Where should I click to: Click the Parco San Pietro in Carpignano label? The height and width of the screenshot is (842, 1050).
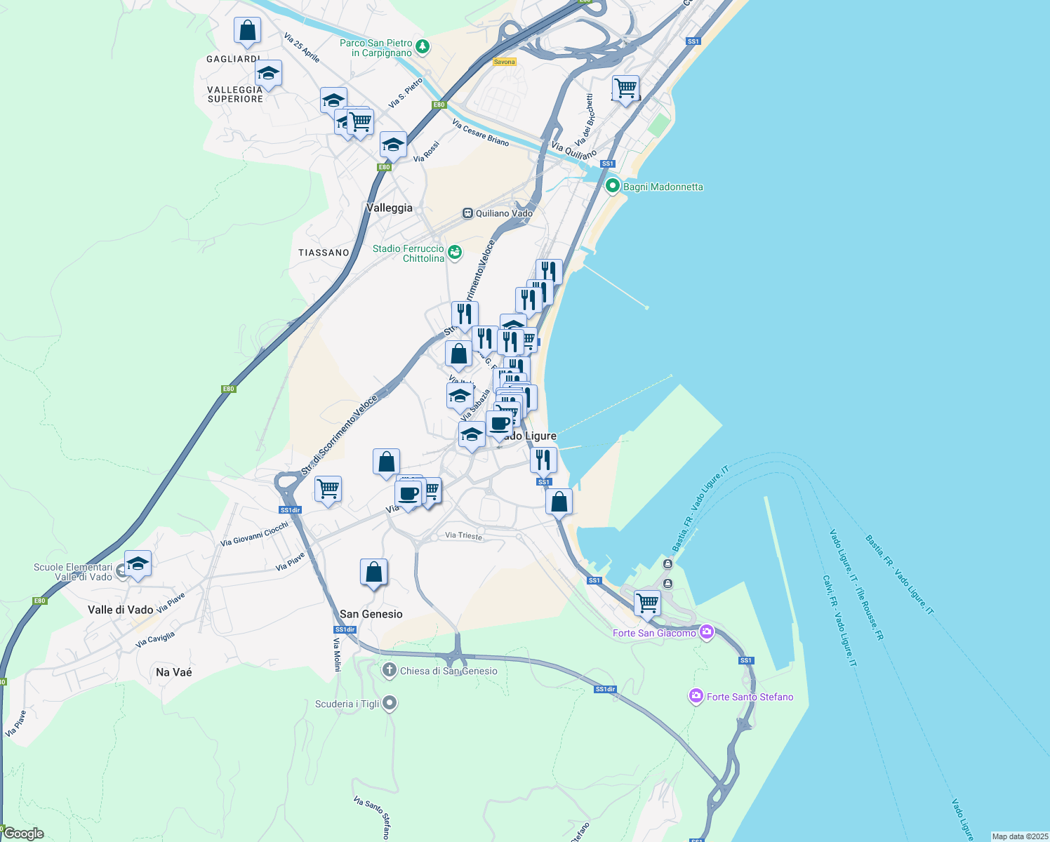coord(376,48)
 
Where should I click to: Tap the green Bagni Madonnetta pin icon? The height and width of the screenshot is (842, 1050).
coord(612,186)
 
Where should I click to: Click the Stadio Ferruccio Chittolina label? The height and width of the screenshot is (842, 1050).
coord(408,253)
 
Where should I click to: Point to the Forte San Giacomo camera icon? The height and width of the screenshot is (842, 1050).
coord(706,632)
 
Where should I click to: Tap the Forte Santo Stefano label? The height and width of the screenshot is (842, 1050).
coord(750,697)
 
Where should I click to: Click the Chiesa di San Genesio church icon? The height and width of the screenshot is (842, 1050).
coord(389,670)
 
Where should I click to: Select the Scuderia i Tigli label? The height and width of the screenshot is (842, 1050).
coord(347,704)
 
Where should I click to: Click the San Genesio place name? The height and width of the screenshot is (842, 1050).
coord(371,614)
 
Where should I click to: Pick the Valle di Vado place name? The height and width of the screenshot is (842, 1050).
coord(121,610)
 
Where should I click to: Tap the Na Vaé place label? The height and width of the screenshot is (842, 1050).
coord(174,672)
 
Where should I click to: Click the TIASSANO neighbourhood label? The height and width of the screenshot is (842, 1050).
coord(324,253)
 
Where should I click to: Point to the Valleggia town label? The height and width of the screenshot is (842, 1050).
coord(390,208)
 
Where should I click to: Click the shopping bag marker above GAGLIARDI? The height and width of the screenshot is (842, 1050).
coord(247,30)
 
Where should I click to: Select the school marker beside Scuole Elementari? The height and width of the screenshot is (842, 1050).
coord(138,563)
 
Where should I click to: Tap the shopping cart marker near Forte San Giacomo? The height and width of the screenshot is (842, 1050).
coord(647,603)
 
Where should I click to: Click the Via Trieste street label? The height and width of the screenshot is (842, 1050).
coord(464,535)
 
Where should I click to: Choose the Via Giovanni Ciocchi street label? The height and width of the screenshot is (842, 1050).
coord(254,534)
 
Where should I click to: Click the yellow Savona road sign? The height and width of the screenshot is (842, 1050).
coord(504,62)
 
